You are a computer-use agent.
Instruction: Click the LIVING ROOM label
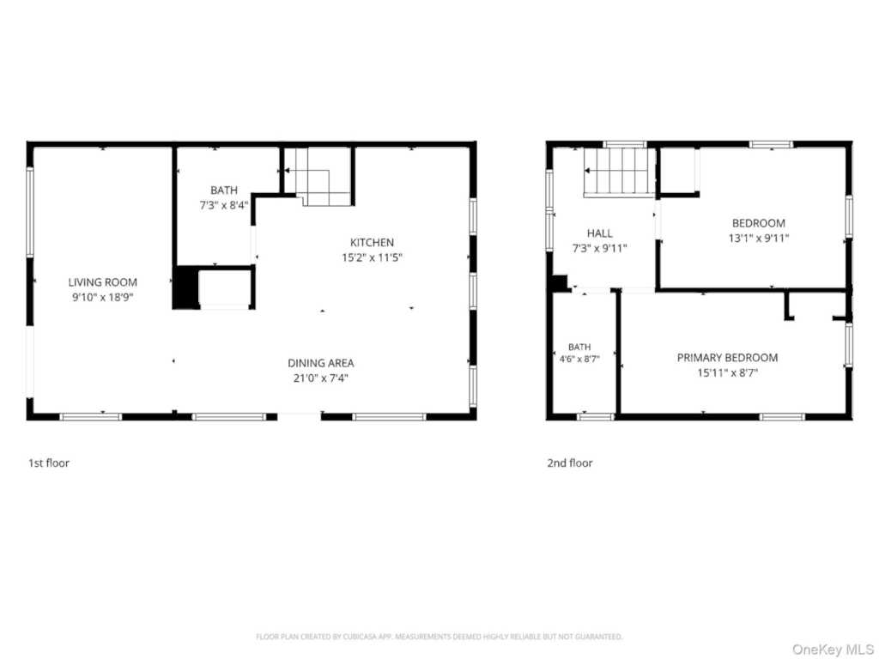pos(103,282)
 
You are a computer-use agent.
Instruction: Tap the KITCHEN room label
pos(372,243)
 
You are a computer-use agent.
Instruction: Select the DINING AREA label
pos(321,363)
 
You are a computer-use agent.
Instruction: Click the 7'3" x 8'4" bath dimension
pos(224,205)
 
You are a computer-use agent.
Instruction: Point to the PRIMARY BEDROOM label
pos(727,358)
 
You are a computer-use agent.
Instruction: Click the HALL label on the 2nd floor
pos(600,233)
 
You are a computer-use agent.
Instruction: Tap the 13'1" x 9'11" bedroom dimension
pos(759,239)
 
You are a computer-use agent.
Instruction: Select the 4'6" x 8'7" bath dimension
pos(579,359)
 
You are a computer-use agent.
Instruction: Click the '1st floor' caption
pos(49,463)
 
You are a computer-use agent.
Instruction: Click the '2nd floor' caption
pos(570,463)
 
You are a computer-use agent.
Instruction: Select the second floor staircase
pos(620,172)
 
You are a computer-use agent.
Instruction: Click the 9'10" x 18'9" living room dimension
pos(103,298)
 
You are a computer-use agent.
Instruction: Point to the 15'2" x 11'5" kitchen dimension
pos(373,257)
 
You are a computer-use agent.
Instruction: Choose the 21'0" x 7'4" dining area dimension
pos(321,378)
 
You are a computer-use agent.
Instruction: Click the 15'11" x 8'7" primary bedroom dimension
pos(727,372)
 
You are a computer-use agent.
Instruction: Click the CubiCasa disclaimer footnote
pos(439,637)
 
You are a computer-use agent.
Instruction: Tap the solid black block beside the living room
pos(185,287)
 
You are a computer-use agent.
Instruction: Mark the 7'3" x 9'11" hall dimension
pos(599,248)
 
